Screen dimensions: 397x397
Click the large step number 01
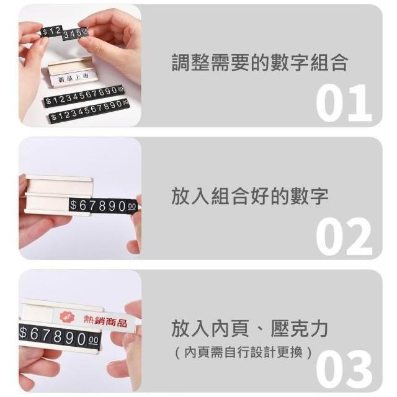344,103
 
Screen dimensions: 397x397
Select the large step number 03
344,369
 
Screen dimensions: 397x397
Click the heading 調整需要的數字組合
260,62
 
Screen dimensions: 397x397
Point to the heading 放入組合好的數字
250,196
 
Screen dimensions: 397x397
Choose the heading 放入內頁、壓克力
249,328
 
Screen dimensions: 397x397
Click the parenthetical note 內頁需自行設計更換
243,352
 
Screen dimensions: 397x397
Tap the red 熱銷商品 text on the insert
105,321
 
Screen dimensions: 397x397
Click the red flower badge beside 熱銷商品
68,317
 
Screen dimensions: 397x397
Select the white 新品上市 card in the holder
73,78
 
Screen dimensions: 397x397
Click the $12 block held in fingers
51,32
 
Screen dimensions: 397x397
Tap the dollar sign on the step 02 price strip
73,205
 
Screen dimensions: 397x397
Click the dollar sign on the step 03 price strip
23,332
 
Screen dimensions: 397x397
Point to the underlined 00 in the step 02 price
132,207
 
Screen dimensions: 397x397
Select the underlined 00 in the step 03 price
94,341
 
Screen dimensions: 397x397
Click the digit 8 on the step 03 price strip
58,336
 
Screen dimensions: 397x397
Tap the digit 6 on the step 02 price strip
83,205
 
